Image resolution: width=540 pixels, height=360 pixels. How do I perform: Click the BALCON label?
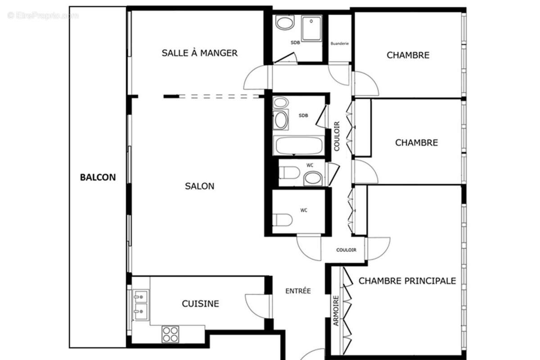[98, 177]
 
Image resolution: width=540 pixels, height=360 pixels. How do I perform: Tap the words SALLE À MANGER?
[199, 53]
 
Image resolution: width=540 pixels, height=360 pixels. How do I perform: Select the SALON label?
[199, 186]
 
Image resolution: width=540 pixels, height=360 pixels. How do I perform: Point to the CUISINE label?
[200, 304]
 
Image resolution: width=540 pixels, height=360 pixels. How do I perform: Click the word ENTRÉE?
[298, 291]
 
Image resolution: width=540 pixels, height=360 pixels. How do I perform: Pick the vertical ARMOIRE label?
[336, 310]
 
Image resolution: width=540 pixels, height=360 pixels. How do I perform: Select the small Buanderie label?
[340, 44]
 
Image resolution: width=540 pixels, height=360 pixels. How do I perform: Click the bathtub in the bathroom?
[298, 146]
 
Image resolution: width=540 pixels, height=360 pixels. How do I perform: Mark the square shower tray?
[311, 28]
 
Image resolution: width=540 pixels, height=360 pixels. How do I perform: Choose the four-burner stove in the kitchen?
[170, 334]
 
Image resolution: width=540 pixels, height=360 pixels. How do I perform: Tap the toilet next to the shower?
[285, 22]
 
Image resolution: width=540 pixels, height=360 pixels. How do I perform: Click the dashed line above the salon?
[220, 96]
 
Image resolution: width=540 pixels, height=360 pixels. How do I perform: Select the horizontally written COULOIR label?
[346, 250]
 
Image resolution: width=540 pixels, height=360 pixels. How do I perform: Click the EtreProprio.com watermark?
[43, 16]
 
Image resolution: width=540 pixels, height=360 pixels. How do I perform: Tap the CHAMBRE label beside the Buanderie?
[408, 55]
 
